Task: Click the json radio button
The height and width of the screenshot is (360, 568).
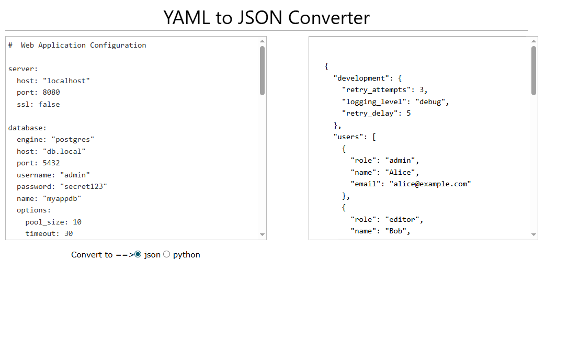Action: tap(138, 254)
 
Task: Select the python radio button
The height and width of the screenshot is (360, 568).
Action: tap(167, 254)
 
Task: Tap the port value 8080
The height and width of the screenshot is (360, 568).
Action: tap(51, 92)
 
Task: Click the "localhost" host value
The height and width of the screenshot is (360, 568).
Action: tap(66, 81)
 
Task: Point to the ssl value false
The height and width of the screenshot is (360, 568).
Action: tap(49, 104)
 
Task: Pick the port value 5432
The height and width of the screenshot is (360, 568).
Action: tap(51, 163)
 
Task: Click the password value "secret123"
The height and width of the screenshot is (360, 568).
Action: tap(84, 186)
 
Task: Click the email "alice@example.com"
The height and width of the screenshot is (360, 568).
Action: tap(430, 184)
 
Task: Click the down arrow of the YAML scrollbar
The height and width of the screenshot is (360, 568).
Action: tap(262, 234)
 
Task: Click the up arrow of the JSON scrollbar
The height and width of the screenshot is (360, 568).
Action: tap(533, 41)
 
